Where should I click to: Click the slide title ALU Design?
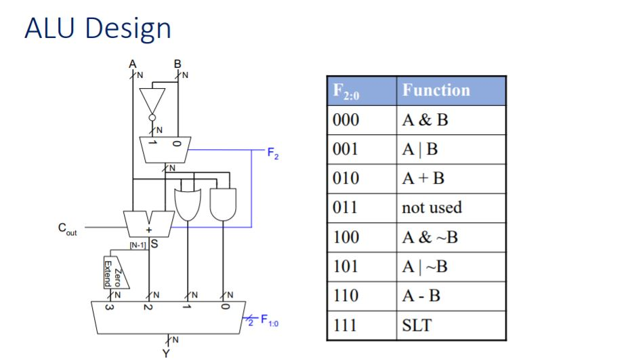pos(98,28)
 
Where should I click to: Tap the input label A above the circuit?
pos(133,64)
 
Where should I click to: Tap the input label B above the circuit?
pos(178,64)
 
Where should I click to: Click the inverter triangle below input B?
pos(153,101)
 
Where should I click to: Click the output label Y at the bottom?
pos(167,352)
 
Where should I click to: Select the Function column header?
pos(436,90)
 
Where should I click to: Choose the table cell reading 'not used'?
pos(432,207)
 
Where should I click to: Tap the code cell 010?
pos(346,178)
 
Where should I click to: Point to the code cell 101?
pos(346,266)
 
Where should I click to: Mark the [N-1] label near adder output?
pos(136,245)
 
